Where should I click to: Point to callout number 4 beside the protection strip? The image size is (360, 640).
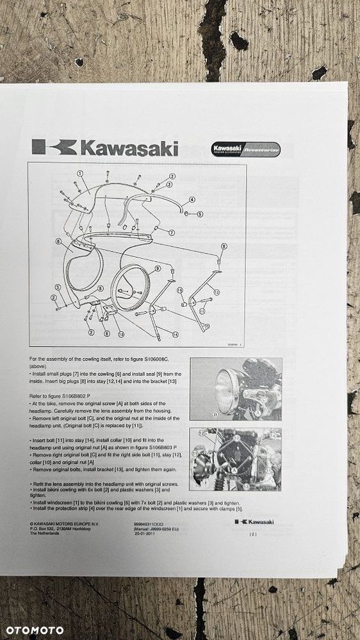tap(192, 199)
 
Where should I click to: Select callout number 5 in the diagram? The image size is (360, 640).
tap(200, 214)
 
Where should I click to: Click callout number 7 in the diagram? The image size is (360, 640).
tap(171, 233)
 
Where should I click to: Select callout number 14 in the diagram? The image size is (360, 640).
tap(175, 334)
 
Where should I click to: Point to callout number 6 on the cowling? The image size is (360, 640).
tap(58, 242)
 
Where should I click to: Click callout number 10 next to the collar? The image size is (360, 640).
tap(180, 290)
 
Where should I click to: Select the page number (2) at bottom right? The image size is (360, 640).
tap(254, 534)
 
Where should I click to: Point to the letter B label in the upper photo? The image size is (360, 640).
tap(216, 414)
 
